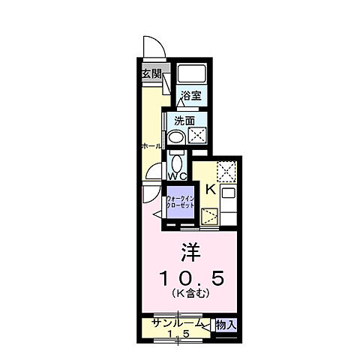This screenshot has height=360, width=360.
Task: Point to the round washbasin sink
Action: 176,137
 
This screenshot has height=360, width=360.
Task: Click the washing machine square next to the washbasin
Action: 197,136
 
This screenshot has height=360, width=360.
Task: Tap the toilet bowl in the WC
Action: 177,160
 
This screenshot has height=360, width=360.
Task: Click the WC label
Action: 177,176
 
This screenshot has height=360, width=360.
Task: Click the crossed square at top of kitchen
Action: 226,169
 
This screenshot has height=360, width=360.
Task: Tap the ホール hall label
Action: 150,146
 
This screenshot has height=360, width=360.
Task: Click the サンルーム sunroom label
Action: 177,323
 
